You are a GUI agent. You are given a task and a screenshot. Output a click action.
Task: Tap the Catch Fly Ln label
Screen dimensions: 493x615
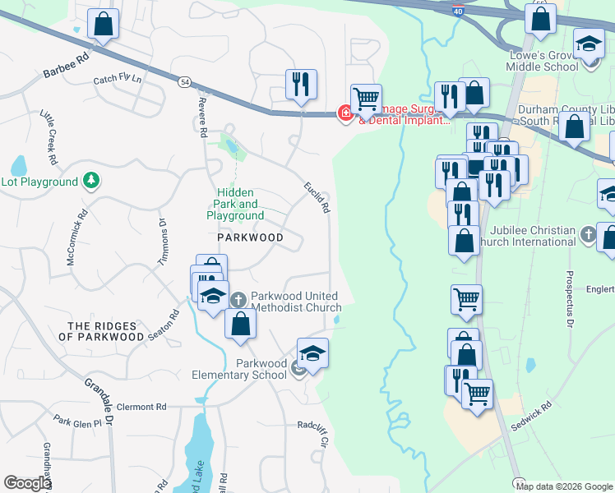point(117,80)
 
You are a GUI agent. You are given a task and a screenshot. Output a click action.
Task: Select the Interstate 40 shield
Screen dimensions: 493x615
point(456,10)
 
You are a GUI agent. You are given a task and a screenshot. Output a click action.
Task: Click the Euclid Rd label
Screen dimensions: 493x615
point(317,197)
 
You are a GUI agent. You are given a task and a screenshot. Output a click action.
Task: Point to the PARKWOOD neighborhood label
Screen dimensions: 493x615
point(250,237)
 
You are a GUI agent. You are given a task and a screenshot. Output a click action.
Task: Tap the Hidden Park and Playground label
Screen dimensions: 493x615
point(235,204)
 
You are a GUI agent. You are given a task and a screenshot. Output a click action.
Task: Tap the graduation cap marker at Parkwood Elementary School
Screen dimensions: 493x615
point(312,353)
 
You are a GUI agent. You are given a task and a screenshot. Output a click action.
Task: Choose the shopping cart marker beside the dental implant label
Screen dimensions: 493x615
point(366,99)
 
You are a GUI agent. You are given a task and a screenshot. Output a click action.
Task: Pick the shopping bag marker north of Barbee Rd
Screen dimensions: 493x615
point(103,25)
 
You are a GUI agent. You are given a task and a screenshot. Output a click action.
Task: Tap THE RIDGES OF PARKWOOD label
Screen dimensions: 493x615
point(105,332)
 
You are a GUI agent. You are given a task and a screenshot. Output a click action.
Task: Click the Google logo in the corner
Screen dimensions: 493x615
point(27,483)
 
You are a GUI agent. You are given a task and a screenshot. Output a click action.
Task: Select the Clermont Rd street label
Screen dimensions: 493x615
point(141,407)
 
